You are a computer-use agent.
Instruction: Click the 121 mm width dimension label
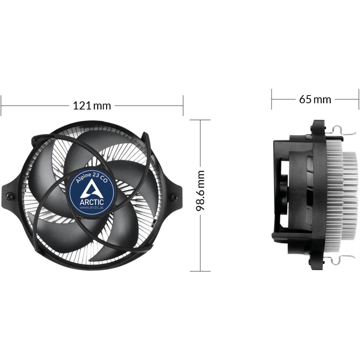click(x=92, y=105)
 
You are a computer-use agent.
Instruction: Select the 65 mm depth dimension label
click(x=315, y=99)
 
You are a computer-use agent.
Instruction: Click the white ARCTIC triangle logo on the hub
click(x=92, y=188)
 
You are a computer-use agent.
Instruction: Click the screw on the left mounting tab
click(x=10, y=196)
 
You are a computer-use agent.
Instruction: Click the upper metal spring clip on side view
click(x=341, y=131)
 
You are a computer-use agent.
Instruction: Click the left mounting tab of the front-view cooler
click(x=11, y=195)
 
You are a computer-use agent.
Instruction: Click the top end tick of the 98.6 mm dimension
click(x=200, y=120)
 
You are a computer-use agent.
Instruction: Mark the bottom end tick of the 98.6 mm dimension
click(x=200, y=271)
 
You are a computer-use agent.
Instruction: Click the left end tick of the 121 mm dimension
click(x=1, y=105)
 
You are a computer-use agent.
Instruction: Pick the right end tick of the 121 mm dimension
click(x=183, y=105)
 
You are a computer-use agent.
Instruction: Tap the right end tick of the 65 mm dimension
click(x=358, y=99)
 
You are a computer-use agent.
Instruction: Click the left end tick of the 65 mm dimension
click(x=272, y=99)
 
